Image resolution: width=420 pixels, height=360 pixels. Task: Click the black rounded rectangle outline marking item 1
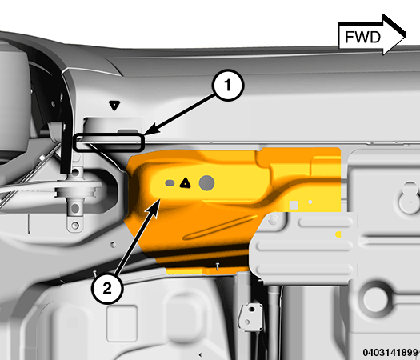pyautogui.click(x=109, y=142)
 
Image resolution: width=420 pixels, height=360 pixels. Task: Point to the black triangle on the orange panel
pyautogui.click(x=185, y=182)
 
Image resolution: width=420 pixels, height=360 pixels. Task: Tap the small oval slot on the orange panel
pyautogui.click(x=169, y=183)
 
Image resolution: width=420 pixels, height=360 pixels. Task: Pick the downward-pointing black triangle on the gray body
pyautogui.click(x=114, y=105)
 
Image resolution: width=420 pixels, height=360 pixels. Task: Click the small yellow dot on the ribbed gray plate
pyautogui.click(x=338, y=234)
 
